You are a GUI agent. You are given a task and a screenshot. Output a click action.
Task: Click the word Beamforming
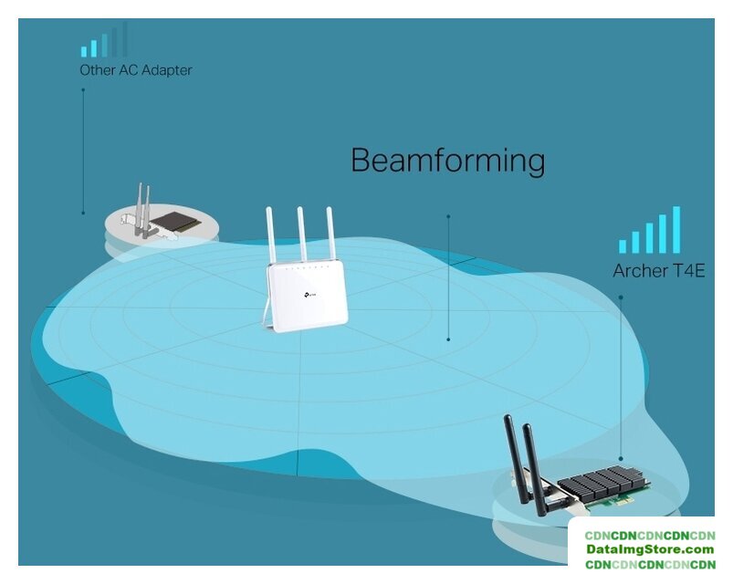(447, 160)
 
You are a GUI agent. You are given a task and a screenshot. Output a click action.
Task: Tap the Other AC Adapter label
(135, 70)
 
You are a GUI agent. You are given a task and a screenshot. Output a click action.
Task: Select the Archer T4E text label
(658, 271)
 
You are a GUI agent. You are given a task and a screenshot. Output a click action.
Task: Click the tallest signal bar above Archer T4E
(676, 229)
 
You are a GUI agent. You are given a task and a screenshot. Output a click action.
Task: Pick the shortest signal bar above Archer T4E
(623, 245)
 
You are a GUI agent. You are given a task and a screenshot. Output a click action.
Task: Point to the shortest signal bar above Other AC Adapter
(83, 52)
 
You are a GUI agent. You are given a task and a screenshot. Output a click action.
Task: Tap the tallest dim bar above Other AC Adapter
(125, 39)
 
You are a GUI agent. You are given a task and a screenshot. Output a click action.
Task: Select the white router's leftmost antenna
(271, 235)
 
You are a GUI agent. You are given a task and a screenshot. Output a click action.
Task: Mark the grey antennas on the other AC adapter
(143, 209)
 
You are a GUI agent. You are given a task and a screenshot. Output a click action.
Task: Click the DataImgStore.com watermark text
(649, 549)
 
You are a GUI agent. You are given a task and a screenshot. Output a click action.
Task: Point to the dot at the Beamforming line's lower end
(448, 339)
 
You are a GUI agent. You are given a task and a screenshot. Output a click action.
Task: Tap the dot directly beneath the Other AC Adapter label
(83, 89)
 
